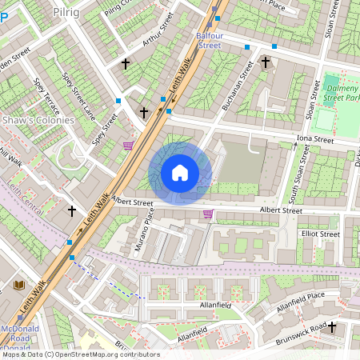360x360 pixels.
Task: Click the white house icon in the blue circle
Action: [x=180, y=173]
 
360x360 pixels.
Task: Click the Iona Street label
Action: [x=314, y=139]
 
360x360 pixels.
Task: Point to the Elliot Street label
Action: [x=320, y=234]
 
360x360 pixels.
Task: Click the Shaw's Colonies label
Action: [x=38, y=120]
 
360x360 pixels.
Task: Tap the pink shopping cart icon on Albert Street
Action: [x=209, y=214]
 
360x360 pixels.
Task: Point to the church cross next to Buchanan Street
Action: [x=266, y=62]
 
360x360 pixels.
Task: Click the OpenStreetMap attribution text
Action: [x=80, y=354]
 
